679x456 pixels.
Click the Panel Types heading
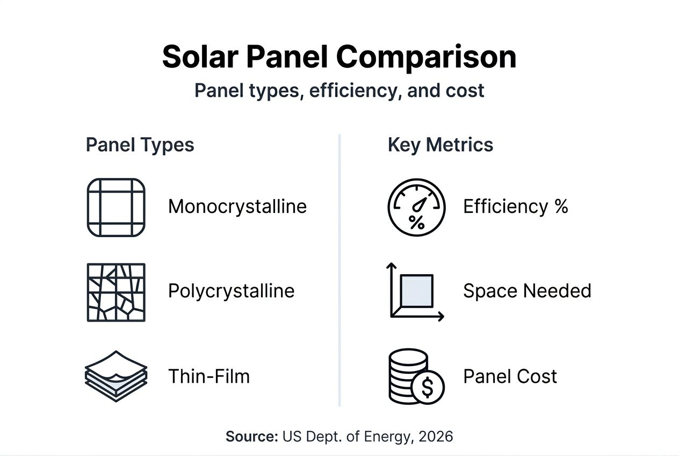coord(140,145)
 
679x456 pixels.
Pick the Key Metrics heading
coord(440,145)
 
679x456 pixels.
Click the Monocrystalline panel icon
coord(116,208)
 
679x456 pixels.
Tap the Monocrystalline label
coord(237,206)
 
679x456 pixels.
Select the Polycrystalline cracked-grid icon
coord(116,293)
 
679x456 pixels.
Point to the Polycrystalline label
coord(231,291)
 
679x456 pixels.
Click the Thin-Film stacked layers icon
coord(116,376)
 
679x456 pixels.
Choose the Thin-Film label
coord(209,376)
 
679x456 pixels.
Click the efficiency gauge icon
coord(416,208)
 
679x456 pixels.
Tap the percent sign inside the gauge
coord(416,222)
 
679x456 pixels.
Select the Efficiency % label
coord(515,206)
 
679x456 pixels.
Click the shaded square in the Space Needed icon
coord(417,291)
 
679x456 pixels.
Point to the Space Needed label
coord(527,291)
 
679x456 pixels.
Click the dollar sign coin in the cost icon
coord(428,387)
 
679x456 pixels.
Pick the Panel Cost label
coord(510,376)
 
